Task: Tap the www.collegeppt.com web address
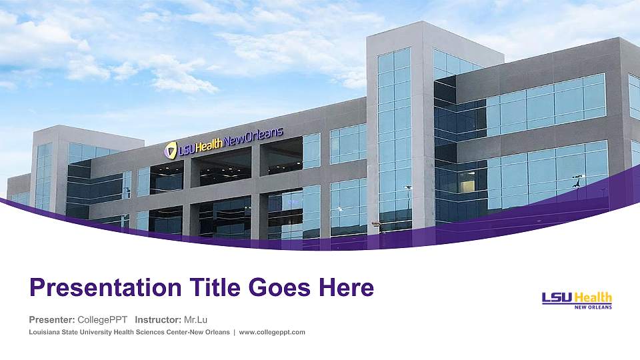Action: (272, 332)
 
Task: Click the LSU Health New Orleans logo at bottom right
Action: (577, 300)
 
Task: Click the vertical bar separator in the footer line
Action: (234, 332)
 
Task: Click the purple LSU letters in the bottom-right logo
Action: (557, 298)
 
